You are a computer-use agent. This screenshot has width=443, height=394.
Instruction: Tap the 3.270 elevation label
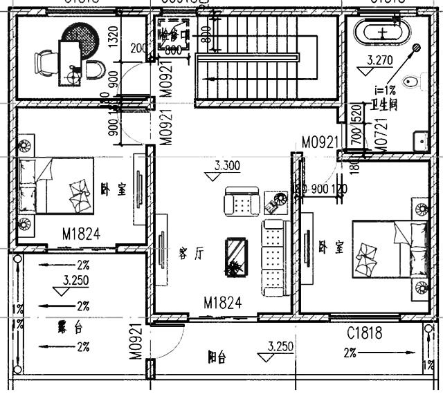pos(380,60)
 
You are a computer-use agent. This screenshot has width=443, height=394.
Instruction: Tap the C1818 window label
pos(364,333)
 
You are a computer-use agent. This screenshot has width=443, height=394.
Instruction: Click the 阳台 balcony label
pos(217,357)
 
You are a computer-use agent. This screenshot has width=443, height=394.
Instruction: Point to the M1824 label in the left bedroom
pos(81,234)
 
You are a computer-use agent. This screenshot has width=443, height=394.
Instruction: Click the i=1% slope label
pos(384,89)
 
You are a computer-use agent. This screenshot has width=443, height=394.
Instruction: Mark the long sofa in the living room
pos(273,257)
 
